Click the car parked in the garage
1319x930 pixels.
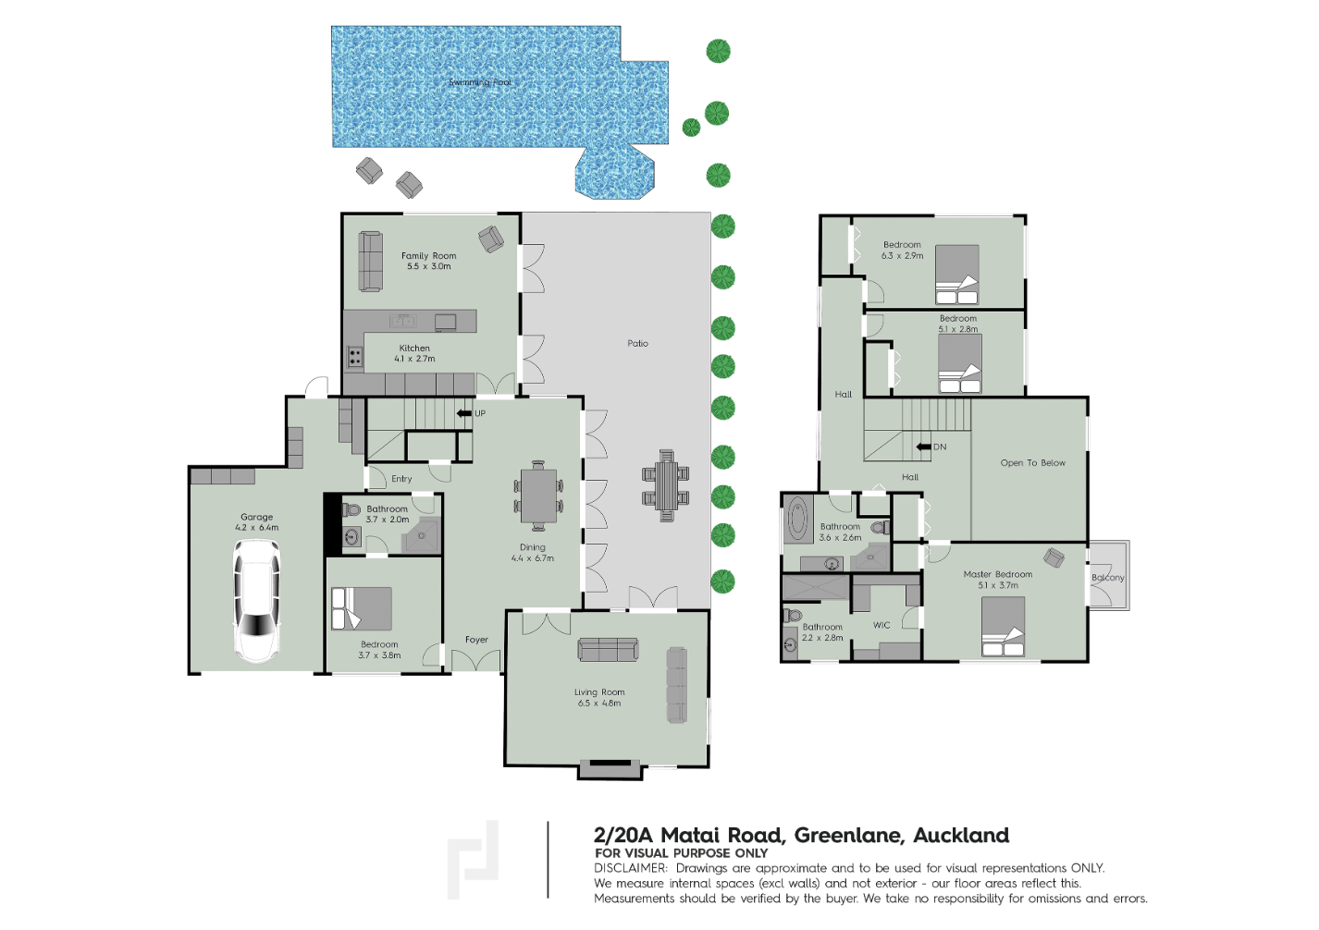tap(257, 601)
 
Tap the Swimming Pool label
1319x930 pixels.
tap(480, 82)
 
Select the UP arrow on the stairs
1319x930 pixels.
tap(464, 413)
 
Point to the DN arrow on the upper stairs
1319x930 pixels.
tap(923, 447)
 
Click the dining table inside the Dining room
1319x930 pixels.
tap(538, 496)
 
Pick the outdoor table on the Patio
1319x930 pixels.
tap(666, 485)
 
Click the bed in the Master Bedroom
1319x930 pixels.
tap(1003, 626)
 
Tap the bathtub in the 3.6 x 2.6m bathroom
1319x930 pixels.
tap(798, 518)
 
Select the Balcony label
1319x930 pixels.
tap(1107, 578)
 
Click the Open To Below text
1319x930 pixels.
tap(1033, 462)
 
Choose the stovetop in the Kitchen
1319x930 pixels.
tap(354, 356)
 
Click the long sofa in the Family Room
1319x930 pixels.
tap(370, 262)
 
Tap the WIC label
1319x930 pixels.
tap(881, 625)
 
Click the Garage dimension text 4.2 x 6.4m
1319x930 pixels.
tap(257, 527)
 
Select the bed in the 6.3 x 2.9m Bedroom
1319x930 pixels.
tap(956, 275)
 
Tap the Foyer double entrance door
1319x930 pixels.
tap(475, 660)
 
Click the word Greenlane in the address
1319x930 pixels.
tap(848, 835)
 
